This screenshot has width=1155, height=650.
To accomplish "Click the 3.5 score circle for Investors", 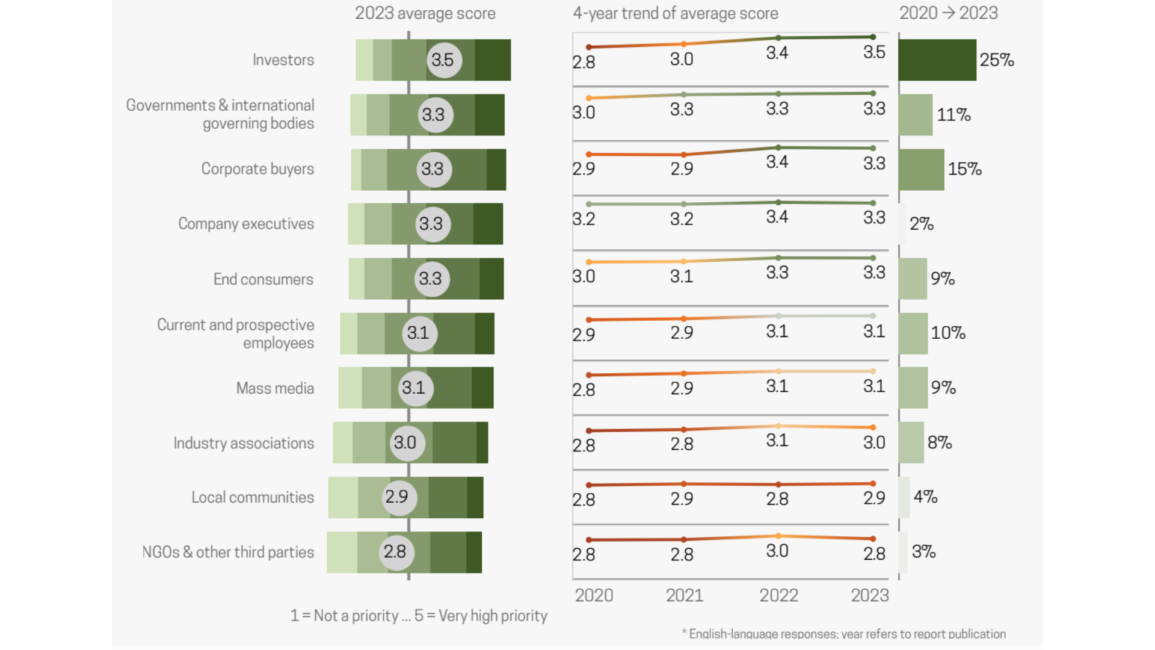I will click(x=443, y=60).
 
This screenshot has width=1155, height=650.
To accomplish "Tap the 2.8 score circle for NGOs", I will click(x=396, y=552).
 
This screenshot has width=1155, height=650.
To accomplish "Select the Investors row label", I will click(x=283, y=60).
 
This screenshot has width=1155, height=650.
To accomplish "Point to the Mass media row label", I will click(x=275, y=388).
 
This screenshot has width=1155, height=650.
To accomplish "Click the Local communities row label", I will click(x=253, y=497).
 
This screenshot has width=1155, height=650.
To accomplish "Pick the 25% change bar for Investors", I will click(x=937, y=60).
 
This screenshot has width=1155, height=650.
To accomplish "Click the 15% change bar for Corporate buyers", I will click(x=921, y=170).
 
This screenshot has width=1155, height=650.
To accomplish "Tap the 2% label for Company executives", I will click(x=921, y=224).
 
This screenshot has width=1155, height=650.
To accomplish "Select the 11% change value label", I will click(x=953, y=115).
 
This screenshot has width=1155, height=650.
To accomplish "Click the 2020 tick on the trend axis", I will click(x=594, y=595).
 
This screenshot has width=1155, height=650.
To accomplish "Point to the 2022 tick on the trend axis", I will click(x=778, y=595).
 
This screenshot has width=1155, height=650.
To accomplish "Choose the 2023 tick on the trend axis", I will click(x=869, y=595).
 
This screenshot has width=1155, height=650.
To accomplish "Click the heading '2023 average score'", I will click(x=425, y=13).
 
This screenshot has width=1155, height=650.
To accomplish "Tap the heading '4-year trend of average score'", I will click(x=675, y=13).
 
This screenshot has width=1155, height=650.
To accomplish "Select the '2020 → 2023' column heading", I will click(x=948, y=13).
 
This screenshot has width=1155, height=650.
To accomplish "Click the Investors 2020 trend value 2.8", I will click(x=584, y=62).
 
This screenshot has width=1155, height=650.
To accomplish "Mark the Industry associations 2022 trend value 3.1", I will click(x=777, y=441).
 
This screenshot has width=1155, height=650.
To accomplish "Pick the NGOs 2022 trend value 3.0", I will click(x=777, y=551).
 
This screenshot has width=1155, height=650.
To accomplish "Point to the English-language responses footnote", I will click(x=843, y=634).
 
